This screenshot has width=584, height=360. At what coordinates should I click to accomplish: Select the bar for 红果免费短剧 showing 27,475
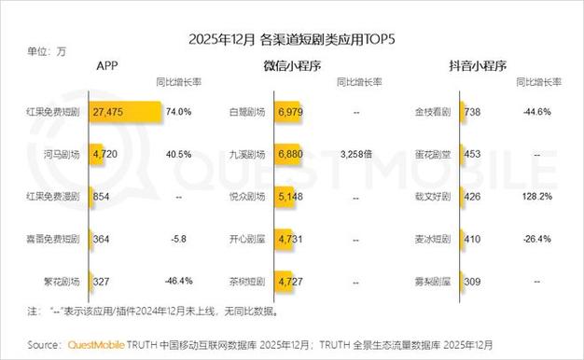pos(125,112)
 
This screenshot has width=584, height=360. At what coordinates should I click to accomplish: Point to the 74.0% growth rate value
pos(178,112)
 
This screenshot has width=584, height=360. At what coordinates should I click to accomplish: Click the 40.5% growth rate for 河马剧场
pos(178,154)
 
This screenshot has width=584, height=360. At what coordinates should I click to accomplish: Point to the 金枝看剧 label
pos(433,112)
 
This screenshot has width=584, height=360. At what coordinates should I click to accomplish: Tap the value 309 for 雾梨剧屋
pos(473,280)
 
